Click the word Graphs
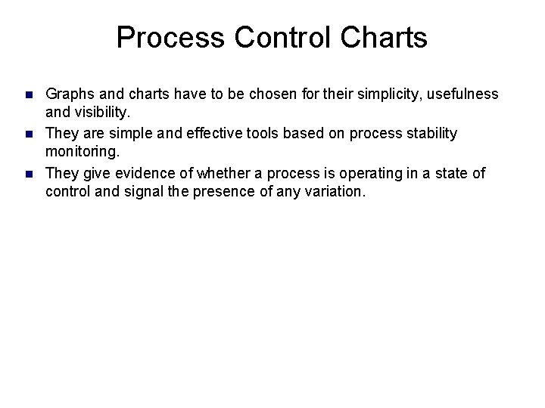70,94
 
